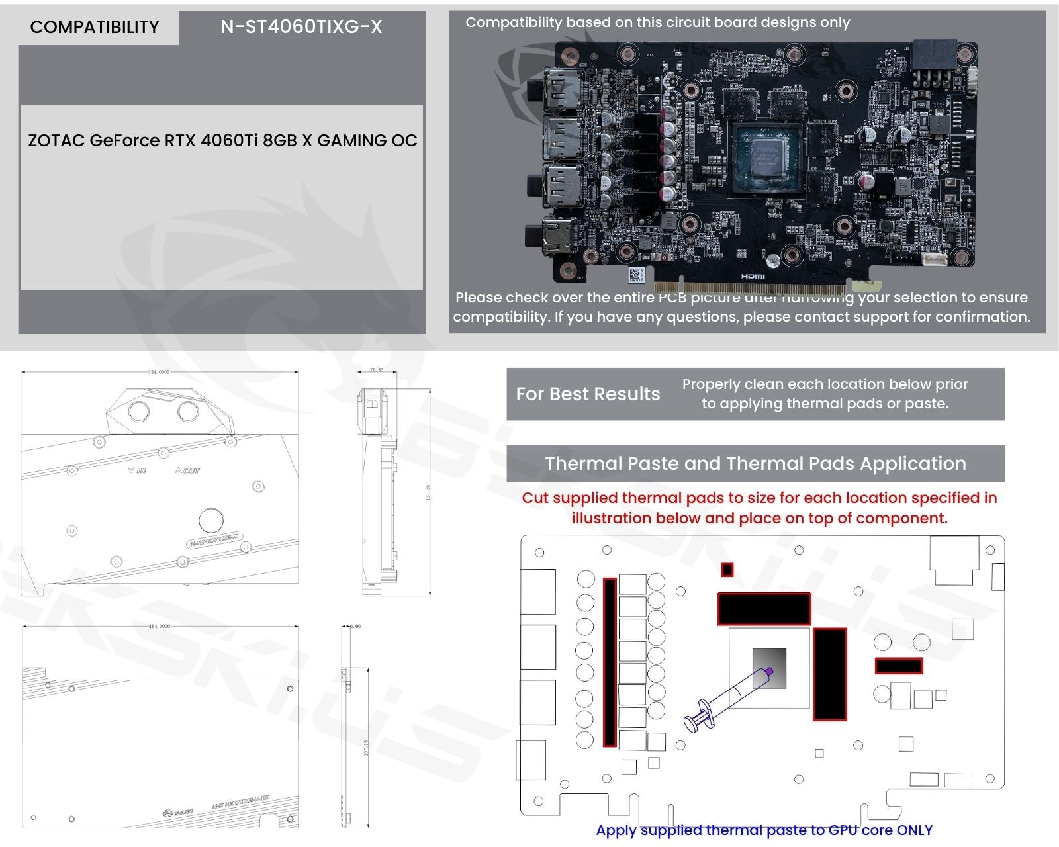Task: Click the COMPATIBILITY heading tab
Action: [x=95, y=27]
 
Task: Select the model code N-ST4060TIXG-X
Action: [x=301, y=26]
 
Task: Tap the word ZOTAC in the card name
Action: [x=56, y=140]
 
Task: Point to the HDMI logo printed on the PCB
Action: [x=753, y=276]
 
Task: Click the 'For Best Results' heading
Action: [x=588, y=394]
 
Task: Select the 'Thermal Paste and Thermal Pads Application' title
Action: [x=755, y=463]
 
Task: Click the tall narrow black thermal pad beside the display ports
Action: [x=610, y=662]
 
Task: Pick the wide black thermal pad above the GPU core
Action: [x=764, y=608]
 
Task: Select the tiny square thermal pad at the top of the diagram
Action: [x=727, y=570]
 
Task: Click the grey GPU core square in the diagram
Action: [x=769, y=668]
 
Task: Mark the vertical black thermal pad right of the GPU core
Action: [x=830, y=674]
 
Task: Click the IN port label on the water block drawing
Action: [x=137, y=470]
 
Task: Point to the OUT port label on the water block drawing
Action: [x=187, y=470]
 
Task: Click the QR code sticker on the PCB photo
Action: [x=635, y=274]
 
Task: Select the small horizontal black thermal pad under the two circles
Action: [x=898, y=666]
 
